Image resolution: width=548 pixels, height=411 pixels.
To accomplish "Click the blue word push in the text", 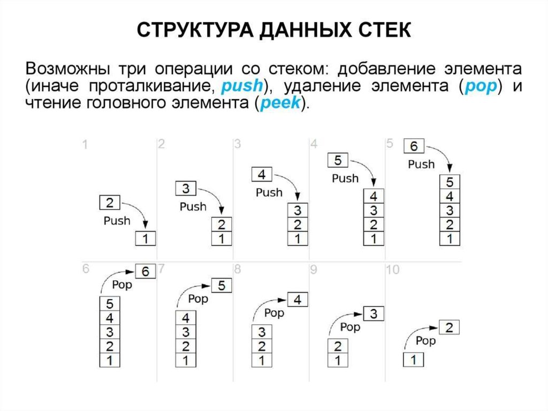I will pyautogui.click(x=242, y=86).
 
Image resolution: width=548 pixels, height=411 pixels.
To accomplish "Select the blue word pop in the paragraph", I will pyautogui.click(x=479, y=86).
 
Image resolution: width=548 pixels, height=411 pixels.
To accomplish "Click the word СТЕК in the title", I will pyautogui.click(x=380, y=30).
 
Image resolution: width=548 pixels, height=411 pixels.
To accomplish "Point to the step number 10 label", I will pyautogui.click(x=392, y=270).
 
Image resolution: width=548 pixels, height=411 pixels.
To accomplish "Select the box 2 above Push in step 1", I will pyautogui.click(x=110, y=203).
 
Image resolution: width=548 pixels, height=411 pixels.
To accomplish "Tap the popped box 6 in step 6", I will pyautogui.click(x=145, y=272).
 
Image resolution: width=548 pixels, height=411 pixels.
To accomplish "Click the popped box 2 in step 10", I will pyautogui.click(x=450, y=327).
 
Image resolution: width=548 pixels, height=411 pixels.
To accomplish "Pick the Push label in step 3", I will pyautogui.click(x=269, y=192).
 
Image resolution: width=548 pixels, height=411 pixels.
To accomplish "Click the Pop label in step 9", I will pyautogui.click(x=351, y=326).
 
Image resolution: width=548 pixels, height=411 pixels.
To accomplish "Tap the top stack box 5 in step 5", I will pyautogui.click(x=450, y=182).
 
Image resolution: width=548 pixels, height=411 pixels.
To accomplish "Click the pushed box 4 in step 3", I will pyautogui.click(x=262, y=174).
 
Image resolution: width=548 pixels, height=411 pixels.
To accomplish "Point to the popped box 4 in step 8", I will pyautogui.click(x=298, y=300).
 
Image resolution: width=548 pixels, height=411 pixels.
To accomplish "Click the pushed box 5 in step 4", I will pyautogui.click(x=338, y=160).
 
